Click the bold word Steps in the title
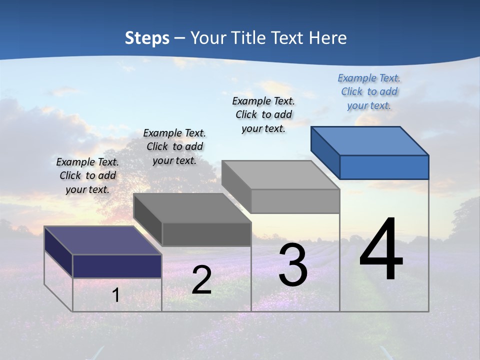(x=147, y=38)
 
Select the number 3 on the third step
(x=293, y=264)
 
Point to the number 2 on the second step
(x=201, y=280)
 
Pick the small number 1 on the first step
(x=116, y=295)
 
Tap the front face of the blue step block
(x=384, y=167)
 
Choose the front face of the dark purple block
(x=117, y=266)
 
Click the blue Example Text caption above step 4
(x=369, y=91)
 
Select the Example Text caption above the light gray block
(x=263, y=114)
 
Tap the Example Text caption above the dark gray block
(x=174, y=146)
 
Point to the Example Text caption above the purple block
(x=87, y=175)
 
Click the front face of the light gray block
(x=295, y=201)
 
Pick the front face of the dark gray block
(x=206, y=234)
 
